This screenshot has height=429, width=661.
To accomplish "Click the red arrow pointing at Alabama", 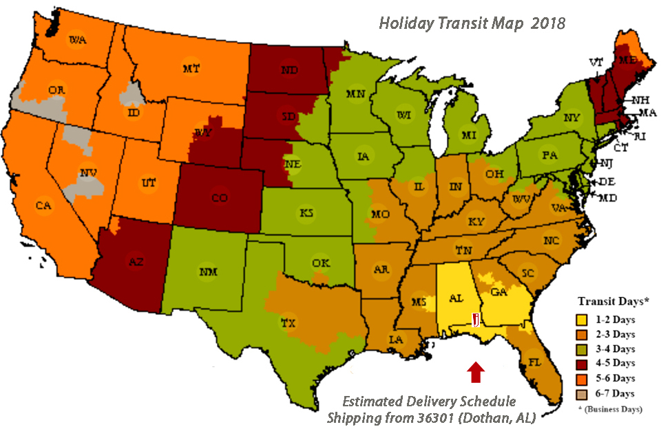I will (476, 372).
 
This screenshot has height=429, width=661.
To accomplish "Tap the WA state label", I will (77, 41).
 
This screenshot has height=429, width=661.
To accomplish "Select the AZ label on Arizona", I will (136, 262).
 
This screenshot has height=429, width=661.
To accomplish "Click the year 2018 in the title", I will (547, 23).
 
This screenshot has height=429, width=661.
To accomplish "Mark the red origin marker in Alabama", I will (475, 318).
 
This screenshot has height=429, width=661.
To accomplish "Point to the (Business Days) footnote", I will (614, 409).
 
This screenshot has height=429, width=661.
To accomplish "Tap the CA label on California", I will (45, 205).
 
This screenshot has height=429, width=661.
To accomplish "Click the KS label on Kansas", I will (306, 213).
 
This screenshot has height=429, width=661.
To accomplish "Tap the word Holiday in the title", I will (405, 23).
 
